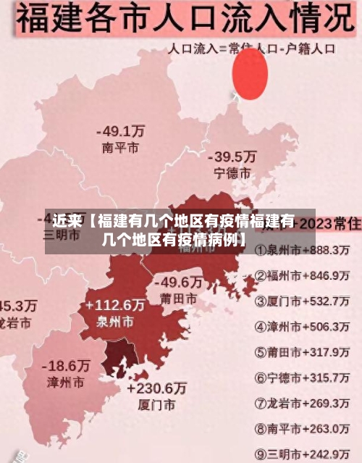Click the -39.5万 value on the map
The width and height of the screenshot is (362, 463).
point(232,157)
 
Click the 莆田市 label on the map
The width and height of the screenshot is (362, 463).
point(178,299)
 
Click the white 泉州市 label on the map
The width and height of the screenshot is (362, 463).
point(114,321)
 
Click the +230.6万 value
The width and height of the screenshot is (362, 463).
point(156,388)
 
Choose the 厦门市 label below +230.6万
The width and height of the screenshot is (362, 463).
point(156,404)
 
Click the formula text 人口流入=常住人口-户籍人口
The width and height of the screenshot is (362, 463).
point(252,50)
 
